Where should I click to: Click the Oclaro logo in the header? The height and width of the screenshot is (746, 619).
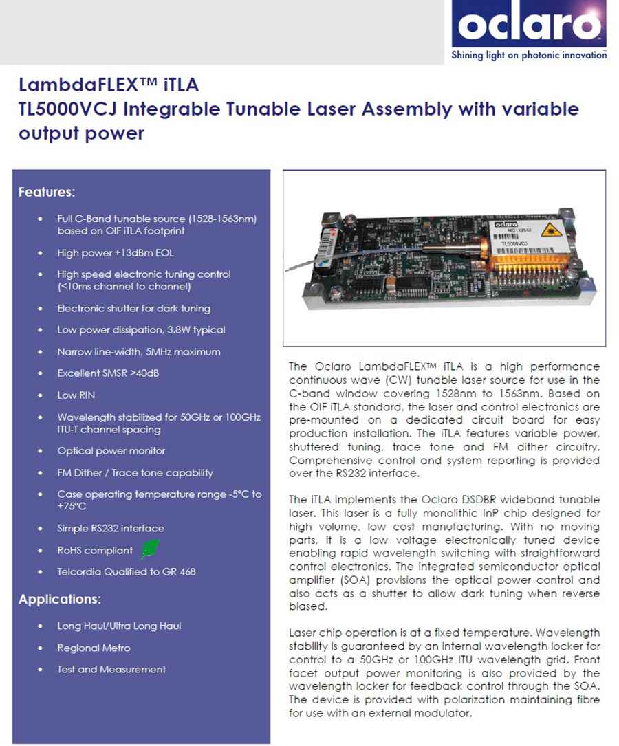pos(528,26)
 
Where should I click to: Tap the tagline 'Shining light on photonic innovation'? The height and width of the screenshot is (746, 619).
pos(528,55)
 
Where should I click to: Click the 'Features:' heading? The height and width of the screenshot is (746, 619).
pos(47,191)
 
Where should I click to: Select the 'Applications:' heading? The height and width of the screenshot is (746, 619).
pos(60,600)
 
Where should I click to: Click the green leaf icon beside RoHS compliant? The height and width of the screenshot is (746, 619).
pos(149,549)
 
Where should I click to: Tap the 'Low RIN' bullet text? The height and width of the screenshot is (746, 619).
pos(76,395)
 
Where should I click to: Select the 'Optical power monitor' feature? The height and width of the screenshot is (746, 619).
pos(111,451)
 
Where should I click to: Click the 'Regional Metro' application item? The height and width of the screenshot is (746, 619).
pos(94,648)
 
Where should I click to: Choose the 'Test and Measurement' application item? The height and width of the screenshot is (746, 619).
pos(111,669)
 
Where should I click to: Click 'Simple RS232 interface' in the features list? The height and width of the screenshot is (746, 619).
pos(111,528)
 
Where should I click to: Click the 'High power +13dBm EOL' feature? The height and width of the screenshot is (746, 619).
pos(113,253)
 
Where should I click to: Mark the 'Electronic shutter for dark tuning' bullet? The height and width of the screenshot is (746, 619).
pos(134,308)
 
